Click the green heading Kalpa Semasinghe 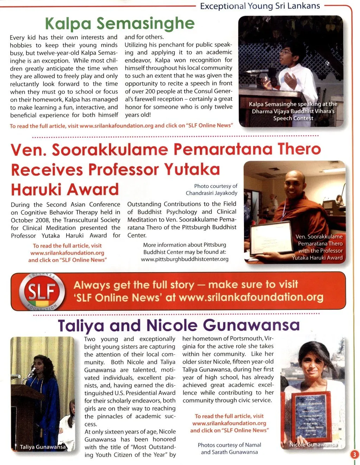[x=120, y=24]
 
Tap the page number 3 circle [x=354, y=455]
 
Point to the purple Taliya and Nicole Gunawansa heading [x=179, y=325]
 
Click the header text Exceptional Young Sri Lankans [x=260, y=6]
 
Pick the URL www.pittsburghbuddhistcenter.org [x=185, y=259]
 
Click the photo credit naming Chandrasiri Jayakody [x=212, y=190]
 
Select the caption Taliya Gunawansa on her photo [x=43, y=447]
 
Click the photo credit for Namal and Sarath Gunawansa [x=229, y=448]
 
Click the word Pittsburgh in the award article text [x=198, y=228]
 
